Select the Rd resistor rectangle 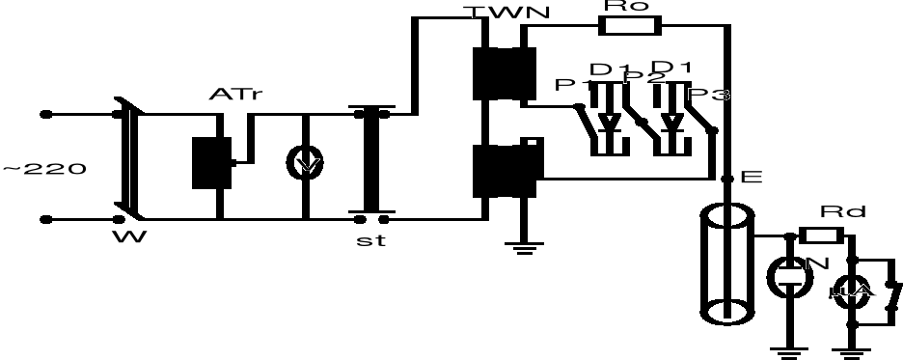click(x=821, y=235)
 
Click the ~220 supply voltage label click(x=45, y=170)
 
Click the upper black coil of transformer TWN click(x=504, y=71)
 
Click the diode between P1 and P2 click(x=609, y=121)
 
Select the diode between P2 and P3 click(x=674, y=121)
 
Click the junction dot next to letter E click(x=726, y=178)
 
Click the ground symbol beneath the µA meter click(x=852, y=348)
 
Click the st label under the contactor click(x=369, y=241)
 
